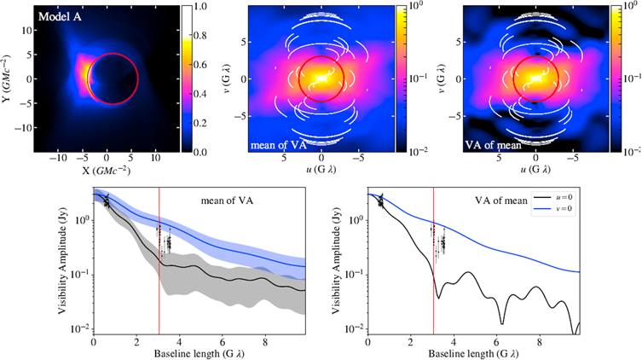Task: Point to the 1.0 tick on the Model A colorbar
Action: click(195, 7)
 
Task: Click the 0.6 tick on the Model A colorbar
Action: click(195, 65)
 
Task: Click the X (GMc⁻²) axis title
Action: click(94, 170)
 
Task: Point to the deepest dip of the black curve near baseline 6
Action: click(501, 323)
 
